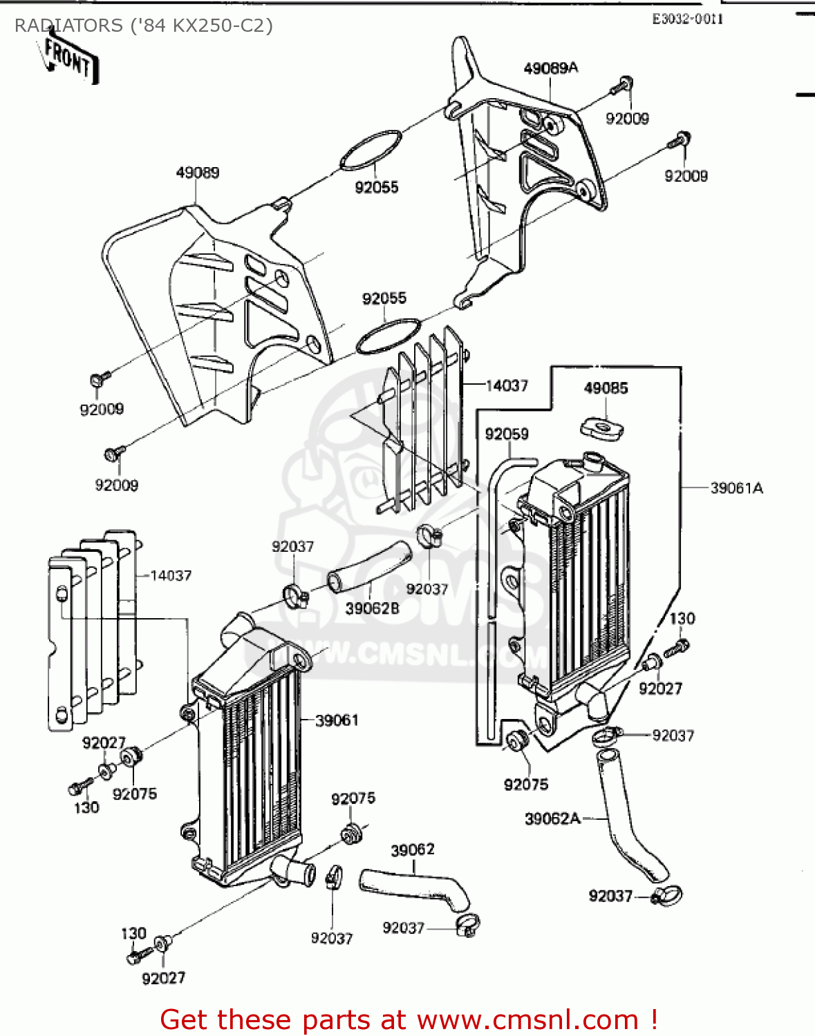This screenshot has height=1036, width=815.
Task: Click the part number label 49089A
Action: (x=550, y=68)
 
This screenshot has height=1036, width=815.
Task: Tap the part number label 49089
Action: (x=197, y=173)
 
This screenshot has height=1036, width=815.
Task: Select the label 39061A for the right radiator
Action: (x=736, y=488)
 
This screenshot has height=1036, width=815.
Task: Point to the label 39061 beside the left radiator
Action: (x=337, y=720)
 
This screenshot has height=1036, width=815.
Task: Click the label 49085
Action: (x=606, y=388)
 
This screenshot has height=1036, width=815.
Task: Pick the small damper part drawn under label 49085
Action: (x=602, y=428)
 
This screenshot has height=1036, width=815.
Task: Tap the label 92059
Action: (x=507, y=434)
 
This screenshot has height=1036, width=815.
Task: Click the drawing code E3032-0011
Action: (x=687, y=19)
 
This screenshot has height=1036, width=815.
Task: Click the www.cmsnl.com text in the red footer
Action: (x=528, y=1019)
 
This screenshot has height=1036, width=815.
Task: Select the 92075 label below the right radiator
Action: (x=525, y=785)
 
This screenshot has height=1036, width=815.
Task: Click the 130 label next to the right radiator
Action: (x=682, y=619)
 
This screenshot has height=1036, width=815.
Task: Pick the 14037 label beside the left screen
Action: (x=171, y=575)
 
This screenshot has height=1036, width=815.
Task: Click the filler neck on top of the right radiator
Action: (x=593, y=461)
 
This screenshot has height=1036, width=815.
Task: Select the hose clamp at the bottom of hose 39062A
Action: (x=666, y=896)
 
